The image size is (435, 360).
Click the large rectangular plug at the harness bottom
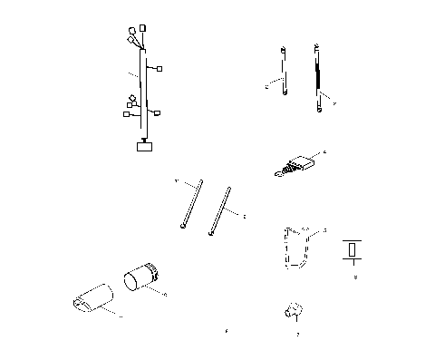tap(143, 145)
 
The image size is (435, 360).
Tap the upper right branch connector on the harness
tap(160, 68)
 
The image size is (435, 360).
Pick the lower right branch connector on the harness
tap(158, 113)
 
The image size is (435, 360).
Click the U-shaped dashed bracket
tap(295, 247)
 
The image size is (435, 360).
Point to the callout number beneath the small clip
tap(297, 335)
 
